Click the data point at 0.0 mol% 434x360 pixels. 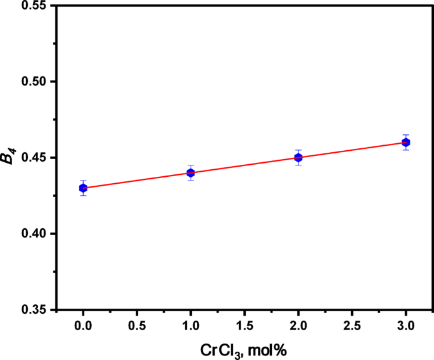coord(83,188)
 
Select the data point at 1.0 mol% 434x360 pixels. coord(191,172)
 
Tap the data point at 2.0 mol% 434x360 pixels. coord(298,157)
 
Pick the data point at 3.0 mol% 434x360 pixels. coord(406,142)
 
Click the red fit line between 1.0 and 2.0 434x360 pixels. coord(245,165)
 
